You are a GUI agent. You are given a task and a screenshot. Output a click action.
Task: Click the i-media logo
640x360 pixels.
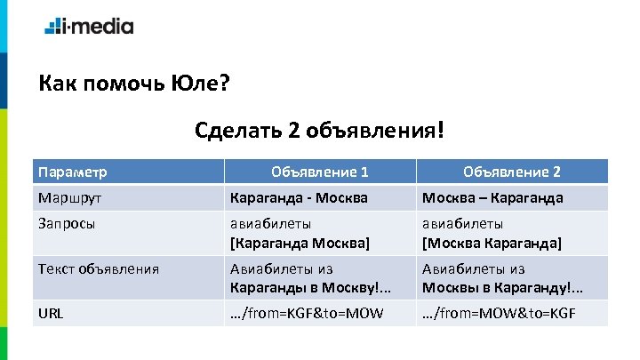point(89,26)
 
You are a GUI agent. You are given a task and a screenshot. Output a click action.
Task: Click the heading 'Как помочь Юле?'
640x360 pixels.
point(134,85)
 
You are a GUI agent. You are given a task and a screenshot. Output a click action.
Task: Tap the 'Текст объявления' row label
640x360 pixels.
point(98,268)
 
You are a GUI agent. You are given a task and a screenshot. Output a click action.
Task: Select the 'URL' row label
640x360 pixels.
point(51,313)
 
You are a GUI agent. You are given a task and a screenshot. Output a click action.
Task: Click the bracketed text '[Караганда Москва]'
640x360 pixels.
point(300,242)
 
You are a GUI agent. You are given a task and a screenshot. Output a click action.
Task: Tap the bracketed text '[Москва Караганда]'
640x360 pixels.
point(492,242)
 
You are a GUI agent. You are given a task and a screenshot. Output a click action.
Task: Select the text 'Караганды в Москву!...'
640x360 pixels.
point(306,287)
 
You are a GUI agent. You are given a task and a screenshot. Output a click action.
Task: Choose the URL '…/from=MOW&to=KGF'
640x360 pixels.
point(499,313)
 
